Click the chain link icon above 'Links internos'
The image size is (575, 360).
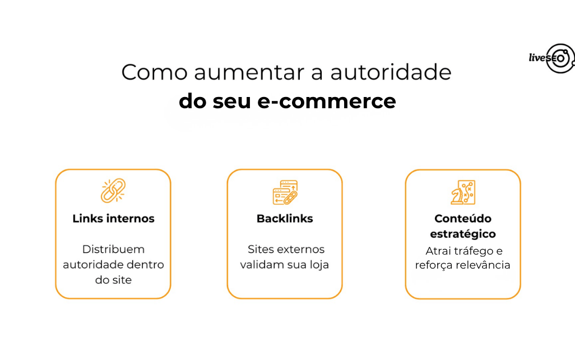[113, 191]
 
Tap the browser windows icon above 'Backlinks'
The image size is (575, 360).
[285, 192]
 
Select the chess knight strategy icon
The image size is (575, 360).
[463, 192]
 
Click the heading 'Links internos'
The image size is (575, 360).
[113, 219]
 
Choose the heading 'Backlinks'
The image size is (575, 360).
[285, 219]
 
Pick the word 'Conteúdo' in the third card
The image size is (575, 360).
[463, 219]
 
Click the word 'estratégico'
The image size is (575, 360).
[463, 234]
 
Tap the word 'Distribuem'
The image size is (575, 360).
[113, 249]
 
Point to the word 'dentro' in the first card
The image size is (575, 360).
[147, 265]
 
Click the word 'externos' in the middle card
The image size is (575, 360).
[302, 249]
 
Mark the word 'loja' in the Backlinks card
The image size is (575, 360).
[318, 265]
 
